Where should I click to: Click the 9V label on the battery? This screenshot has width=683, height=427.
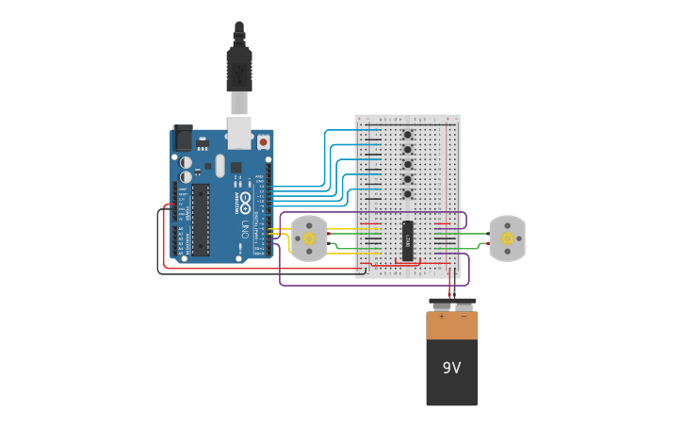(x=452, y=368)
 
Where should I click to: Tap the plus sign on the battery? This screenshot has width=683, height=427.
(x=440, y=317)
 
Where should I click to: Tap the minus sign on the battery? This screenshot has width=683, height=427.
(x=463, y=317)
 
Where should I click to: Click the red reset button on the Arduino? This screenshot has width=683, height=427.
(x=263, y=141)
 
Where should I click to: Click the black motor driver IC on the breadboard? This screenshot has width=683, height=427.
(x=408, y=239)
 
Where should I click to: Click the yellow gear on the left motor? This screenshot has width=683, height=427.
(x=309, y=238)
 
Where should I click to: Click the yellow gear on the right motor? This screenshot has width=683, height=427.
(x=508, y=238)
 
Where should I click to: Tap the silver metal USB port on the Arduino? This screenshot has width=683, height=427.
(x=239, y=134)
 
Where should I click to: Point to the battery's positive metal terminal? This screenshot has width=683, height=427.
(x=440, y=304)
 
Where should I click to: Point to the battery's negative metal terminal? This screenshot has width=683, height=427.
(x=463, y=304)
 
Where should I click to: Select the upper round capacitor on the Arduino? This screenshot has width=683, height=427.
(x=187, y=161)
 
